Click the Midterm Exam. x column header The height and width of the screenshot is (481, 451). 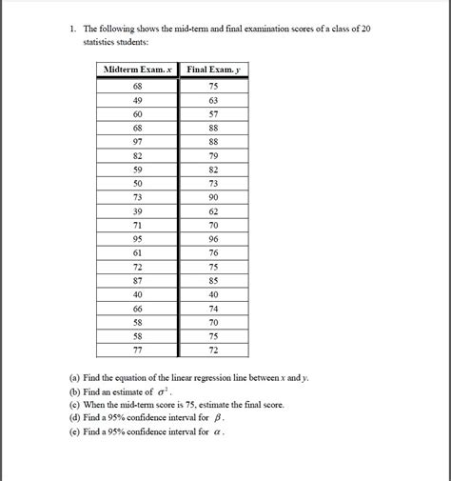(139, 70)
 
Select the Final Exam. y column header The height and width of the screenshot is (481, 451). (214, 70)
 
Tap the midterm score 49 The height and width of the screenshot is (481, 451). (139, 99)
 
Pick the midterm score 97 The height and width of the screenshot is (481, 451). (139, 141)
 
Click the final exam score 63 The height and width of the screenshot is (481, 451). (214, 99)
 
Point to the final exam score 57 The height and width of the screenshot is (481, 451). (214, 113)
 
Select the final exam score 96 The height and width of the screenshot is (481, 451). (214, 239)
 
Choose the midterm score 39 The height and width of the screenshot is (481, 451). (139, 211)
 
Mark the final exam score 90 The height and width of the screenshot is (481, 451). (214, 197)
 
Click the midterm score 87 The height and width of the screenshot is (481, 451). (139, 281)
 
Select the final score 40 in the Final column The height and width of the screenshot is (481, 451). (214, 295)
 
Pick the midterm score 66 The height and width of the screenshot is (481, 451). (139, 310)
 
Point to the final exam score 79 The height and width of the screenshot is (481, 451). (214, 155)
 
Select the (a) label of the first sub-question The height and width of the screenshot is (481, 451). (75, 378)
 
